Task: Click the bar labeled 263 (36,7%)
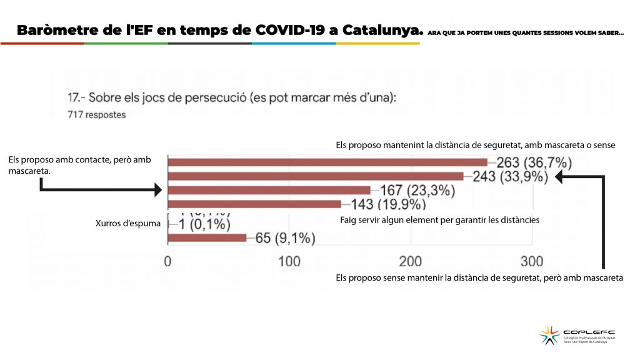pyautogui.click(x=327, y=162)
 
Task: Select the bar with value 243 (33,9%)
pyautogui.click(x=316, y=176)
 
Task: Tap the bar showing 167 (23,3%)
pyautogui.click(x=269, y=190)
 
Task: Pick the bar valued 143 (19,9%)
pyautogui.click(x=255, y=204)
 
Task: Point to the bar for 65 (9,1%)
pyautogui.click(x=207, y=237)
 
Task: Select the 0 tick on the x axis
pyautogui.click(x=167, y=261)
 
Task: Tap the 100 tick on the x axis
pyautogui.click(x=289, y=261)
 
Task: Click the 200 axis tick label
pyautogui.click(x=411, y=261)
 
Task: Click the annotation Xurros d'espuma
pyautogui.click(x=119, y=223)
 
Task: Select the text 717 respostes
pyautogui.click(x=96, y=114)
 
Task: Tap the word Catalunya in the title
pyautogui.click(x=377, y=30)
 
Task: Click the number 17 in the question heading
pyautogui.click(x=74, y=98)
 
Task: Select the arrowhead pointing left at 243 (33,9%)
pyautogui.click(x=560, y=177)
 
